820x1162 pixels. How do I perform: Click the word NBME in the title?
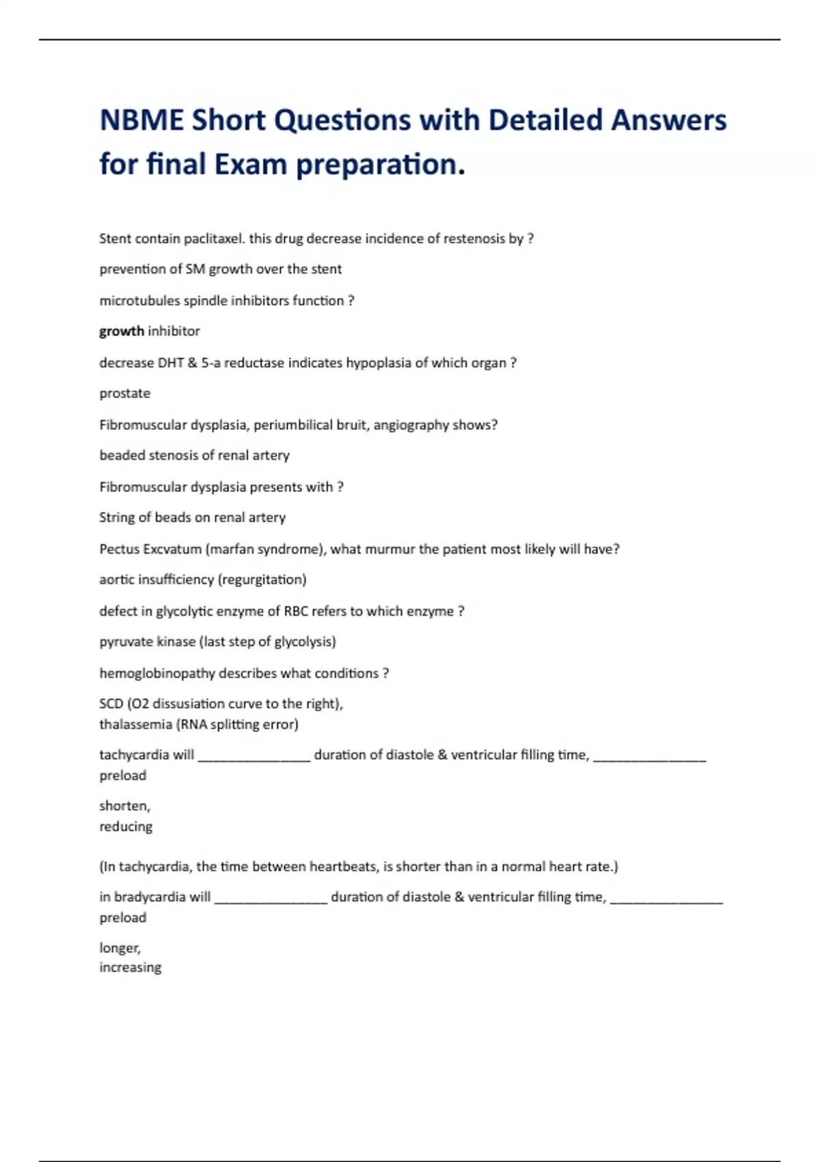point(141,120)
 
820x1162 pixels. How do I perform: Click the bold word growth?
point(122,332)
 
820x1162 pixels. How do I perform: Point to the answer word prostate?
point(125,394)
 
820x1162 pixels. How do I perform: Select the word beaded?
point(120,455)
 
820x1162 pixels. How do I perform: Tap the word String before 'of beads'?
point(117,517)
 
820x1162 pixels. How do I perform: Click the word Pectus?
point(119,549)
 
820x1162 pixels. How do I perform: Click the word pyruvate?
point(126,642)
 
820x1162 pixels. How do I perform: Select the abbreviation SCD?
point(111,704)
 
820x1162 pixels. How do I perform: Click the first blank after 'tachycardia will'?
point(254,758)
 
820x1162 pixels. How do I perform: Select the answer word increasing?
point(131,968)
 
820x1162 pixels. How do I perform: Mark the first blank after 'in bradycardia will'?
point(271,900)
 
